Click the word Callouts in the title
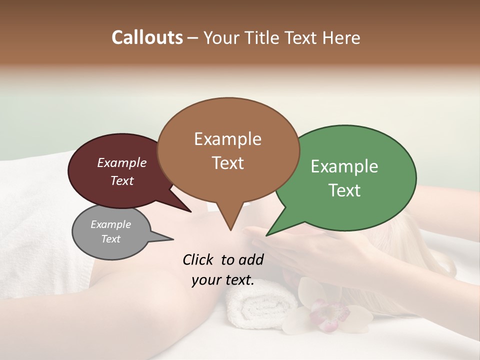[x=147, y=37]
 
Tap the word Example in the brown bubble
[x=227, y=139]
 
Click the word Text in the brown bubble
[x=227, y=162]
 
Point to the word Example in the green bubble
[x=344, y=166]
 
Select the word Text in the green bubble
[x=344, y=190]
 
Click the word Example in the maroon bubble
[x=122, y=162]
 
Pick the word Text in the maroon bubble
[x=122, y=180]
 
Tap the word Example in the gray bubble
[x=110, y=224]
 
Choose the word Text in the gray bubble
[x=110, y=239]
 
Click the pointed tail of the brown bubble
[x=230, y=227]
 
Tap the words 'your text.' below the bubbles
[x=223, y=280]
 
